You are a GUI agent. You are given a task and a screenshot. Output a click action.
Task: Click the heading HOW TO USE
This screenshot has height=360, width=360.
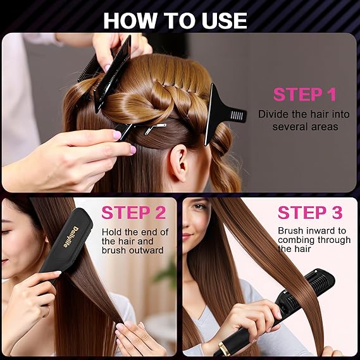coord(175,21)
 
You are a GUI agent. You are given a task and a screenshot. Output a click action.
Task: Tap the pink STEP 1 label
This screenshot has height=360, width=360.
coord(305,94)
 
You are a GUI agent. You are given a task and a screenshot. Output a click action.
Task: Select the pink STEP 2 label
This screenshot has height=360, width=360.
coord(134,213)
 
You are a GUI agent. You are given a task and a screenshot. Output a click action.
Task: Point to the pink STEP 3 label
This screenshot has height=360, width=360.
coord(310,213)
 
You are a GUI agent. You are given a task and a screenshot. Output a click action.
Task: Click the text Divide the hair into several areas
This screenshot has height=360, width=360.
coord(304,120)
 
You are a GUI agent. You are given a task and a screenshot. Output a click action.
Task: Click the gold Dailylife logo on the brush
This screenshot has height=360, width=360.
coord(71,237)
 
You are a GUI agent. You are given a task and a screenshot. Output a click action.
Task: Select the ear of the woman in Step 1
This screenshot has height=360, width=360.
coord(178,163)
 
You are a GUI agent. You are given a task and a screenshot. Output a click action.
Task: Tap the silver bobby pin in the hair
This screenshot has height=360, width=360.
coord(155,128)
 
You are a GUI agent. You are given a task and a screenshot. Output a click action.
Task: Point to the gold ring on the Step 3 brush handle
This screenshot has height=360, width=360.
coord(223,349)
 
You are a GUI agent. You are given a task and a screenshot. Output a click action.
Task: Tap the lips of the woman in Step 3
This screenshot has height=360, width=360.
coord(187,236)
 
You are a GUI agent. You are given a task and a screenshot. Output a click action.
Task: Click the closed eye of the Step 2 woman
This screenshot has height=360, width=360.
coord(6,232)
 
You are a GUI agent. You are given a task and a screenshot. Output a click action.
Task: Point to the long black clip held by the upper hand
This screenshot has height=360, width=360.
coord(113,74)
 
